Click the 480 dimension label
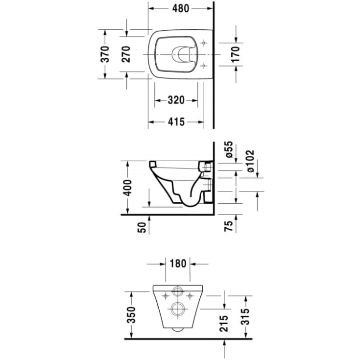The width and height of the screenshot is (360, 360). pos(181,8)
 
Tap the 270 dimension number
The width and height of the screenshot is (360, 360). pos(126,54)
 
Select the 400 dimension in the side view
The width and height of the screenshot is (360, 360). pos(127,187)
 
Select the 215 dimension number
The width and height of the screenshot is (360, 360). pos(225,324)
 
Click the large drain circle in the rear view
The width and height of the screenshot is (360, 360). pos(177,309)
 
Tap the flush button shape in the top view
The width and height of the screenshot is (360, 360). pos(182,54)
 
